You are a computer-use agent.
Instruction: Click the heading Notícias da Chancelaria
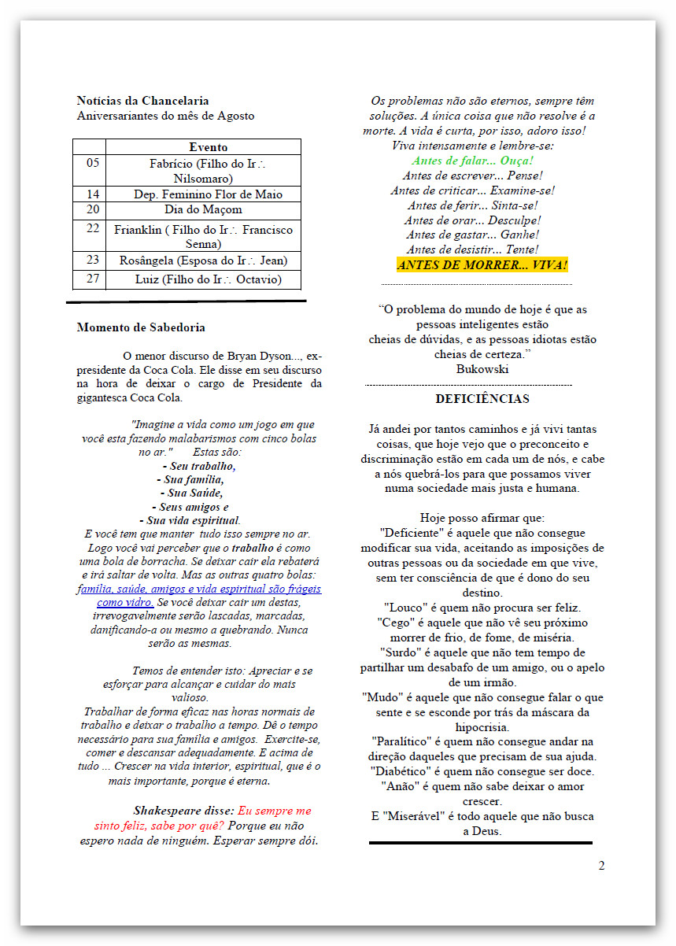[142, 101]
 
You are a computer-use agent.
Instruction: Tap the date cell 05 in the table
[93, 163]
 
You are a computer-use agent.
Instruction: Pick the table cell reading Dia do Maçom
[203, 210]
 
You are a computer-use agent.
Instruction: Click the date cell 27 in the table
[93, 279]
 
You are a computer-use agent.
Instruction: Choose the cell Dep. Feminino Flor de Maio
[208, 194]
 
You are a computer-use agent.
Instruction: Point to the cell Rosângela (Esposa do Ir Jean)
[203, 261]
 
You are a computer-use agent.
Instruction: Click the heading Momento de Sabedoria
[141, 327]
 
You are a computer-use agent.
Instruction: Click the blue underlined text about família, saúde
[199, 589]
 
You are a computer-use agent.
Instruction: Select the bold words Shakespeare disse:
[183, 811]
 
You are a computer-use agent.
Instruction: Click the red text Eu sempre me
[274, 811]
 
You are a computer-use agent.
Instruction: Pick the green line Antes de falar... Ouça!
[472, 161]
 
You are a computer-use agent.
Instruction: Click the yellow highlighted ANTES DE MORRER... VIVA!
[482, 265]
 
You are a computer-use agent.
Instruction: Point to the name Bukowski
[482, 368]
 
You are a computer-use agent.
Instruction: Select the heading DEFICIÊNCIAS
[482, 399]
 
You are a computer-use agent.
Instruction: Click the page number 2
[601, 866]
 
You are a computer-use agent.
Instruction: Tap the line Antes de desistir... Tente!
[472, 249]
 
